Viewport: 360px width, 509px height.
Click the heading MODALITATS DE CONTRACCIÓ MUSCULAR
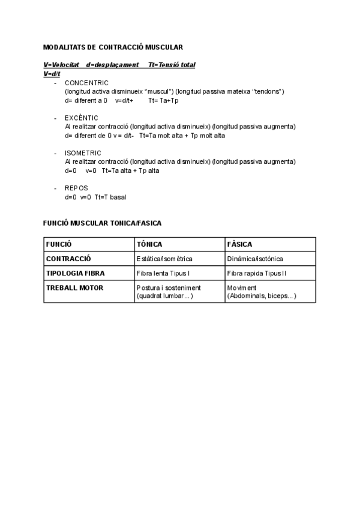[x=113, y=47]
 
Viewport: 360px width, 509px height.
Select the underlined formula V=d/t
[x=52, y=73]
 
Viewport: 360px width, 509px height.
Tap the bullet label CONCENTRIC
[x=87, y=83]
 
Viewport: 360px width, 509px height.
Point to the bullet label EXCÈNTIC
[x=82, y=118]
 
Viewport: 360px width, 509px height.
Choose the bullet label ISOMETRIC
[x=83, y=153]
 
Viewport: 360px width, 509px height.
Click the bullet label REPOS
[x=76, y=188]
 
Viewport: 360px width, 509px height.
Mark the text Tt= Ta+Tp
[x=163, y=100]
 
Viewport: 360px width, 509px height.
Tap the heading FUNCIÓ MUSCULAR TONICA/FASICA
[x=102, y=223]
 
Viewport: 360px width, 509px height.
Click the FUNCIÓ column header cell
[x=59, y=244]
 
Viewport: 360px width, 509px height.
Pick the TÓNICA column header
[x=149, y=244]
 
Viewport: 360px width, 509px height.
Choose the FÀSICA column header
[x=239, y=244]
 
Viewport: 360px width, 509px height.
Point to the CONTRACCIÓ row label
[x=68, y=259]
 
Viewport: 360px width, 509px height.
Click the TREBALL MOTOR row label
[x=75, y=288]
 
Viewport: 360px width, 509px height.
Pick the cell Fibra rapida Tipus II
[x=257, y=273]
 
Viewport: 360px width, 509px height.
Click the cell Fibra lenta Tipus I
[x=164, y=273]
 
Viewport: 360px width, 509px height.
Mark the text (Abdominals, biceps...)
[x=262, y=296]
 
